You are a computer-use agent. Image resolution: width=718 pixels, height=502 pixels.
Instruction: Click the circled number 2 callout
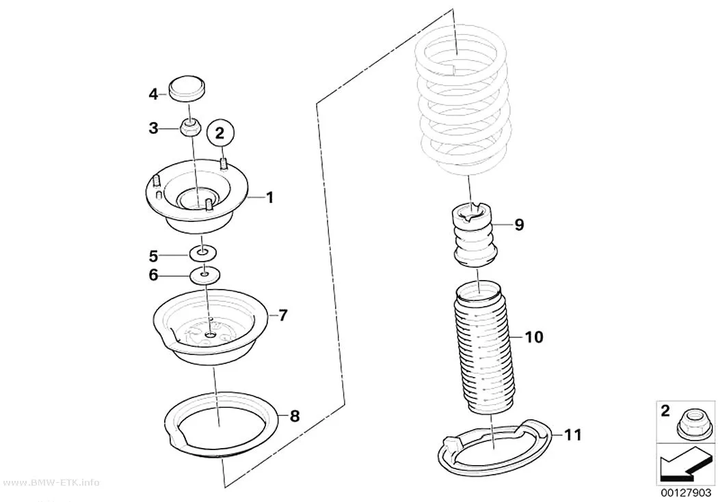(220, 133)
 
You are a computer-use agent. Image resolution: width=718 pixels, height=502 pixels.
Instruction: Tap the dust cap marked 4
(187, 87)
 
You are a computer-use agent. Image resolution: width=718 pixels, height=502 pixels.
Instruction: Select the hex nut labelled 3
(189, 127)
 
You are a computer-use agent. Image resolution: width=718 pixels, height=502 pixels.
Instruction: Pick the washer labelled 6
(204, 275)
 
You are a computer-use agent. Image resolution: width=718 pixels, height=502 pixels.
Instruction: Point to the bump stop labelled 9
(474, 237)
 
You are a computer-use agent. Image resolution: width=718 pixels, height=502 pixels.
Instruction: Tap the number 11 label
(571, 434)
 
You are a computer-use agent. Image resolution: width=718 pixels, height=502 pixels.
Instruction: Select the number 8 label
(295, 416)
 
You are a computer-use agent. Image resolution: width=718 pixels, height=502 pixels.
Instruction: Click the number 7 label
(282, 315)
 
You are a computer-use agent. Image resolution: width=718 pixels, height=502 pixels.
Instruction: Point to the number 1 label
(269, 197)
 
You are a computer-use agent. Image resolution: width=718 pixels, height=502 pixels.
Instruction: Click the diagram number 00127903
(686, 493)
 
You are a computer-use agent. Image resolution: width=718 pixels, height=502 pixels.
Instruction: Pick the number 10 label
(533, 337)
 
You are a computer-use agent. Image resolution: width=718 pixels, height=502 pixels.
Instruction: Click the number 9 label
(519, 225)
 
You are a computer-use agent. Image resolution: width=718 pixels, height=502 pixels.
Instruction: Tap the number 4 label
(153, 95)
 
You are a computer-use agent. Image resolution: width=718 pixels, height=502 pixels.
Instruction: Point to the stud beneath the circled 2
(223, 164)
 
